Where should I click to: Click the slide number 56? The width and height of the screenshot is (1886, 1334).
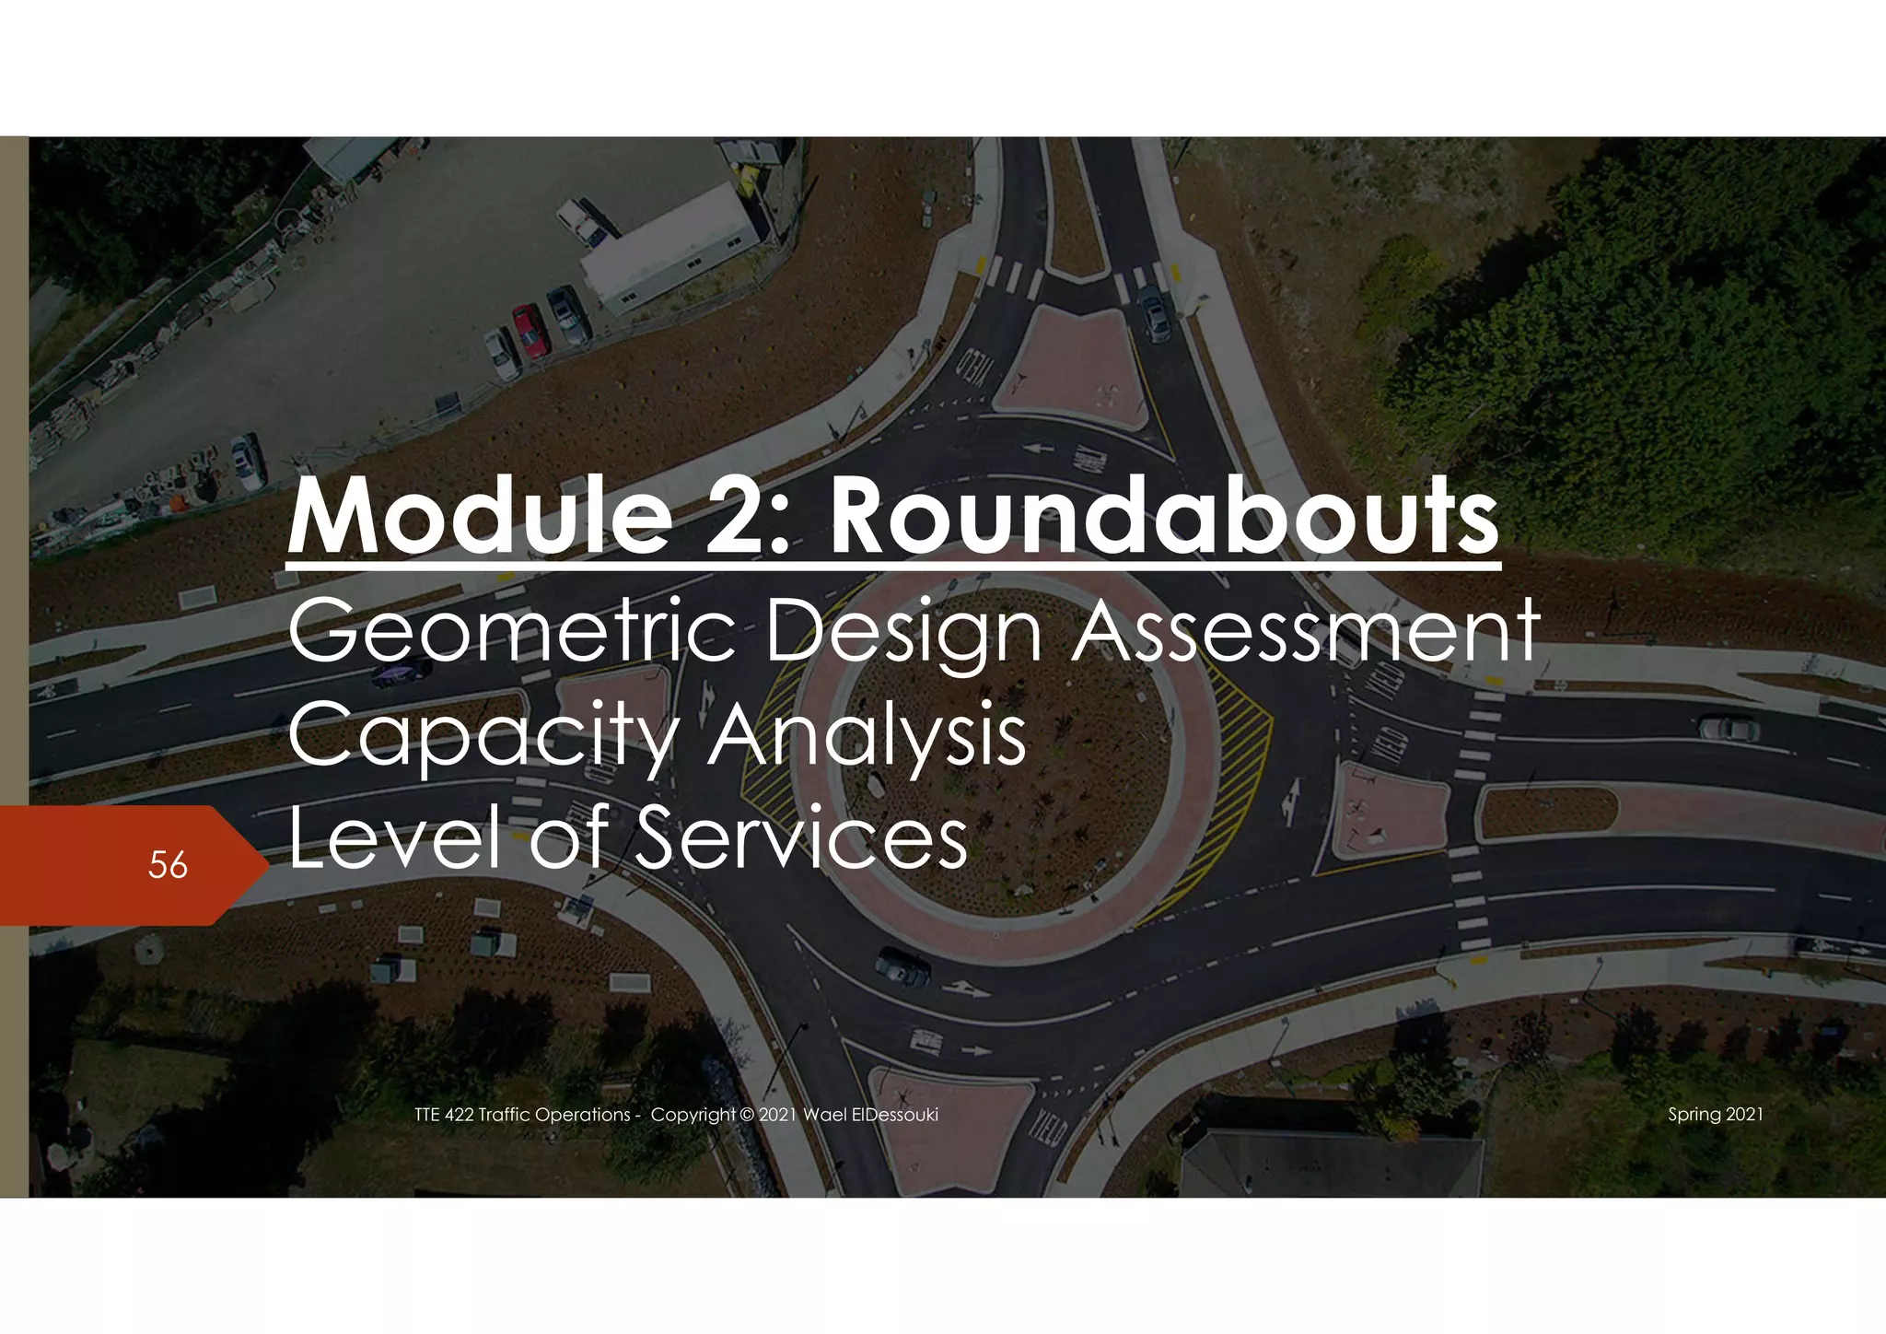[x=168, y=865]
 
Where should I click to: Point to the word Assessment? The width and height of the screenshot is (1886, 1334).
[x=1305, y=631]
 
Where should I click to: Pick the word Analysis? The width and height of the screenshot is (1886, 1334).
[x=867, y=736]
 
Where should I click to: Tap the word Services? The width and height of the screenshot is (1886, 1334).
[x=800, y=837]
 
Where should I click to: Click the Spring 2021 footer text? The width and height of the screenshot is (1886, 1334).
[x=1715, y=1115]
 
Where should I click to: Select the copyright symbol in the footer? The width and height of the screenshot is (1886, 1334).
[x=746, y=1115]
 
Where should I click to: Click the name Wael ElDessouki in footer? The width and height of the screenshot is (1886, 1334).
[x=870, y=1115]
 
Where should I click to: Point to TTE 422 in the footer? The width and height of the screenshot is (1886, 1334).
[x=444, y=1115]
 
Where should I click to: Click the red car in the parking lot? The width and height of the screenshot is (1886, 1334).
[x=530, y=331]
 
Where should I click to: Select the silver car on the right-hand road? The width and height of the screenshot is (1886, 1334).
[x=1729, y=729]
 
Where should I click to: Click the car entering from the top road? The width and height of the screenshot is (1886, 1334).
[x=1153, y=314]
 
